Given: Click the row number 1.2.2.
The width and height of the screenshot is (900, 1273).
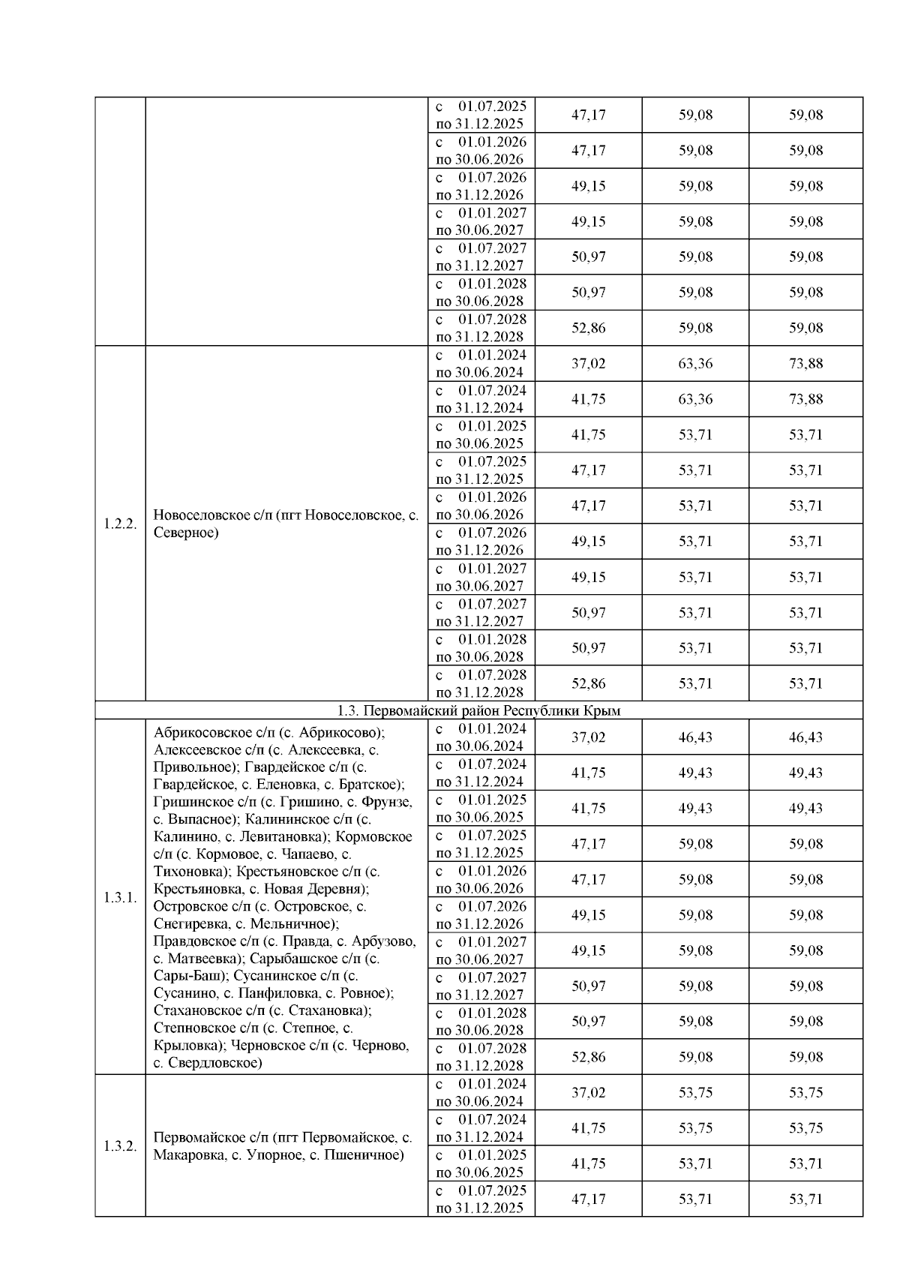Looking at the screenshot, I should coord(120,524).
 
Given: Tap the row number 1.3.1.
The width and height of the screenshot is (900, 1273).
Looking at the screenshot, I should coord(120,897).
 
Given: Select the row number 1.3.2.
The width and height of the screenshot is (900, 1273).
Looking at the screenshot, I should coord(120,1145).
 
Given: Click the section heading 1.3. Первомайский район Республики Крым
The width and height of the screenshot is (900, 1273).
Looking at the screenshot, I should coord(478,710).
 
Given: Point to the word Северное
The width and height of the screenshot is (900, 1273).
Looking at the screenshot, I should coord(186,533).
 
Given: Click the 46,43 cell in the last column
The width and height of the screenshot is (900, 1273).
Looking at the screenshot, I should coord(805,737).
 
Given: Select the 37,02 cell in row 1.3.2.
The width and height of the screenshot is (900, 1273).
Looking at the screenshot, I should coord(588,1092).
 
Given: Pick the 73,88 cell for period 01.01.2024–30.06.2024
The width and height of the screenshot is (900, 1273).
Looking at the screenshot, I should coord(805,364).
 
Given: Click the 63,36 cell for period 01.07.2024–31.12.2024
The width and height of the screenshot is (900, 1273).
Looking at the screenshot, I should coord(695,399).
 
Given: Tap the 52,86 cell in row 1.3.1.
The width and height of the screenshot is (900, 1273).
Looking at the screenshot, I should coord(588,1057).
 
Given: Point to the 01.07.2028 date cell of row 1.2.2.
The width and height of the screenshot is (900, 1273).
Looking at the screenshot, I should coord(481,683).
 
